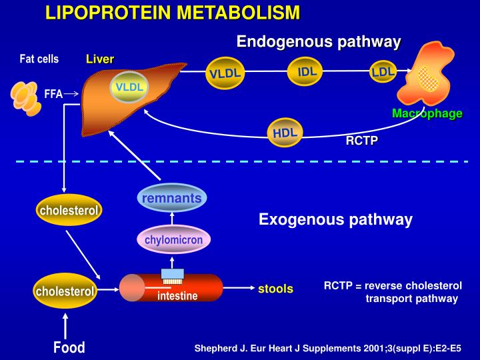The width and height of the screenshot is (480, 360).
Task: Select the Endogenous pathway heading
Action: [x=319, y=42]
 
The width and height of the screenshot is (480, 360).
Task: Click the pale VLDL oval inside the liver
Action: [x=129, y=87]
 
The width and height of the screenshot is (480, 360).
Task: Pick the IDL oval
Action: [x=307, y=71]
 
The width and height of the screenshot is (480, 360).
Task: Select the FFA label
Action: [x=53, y=94]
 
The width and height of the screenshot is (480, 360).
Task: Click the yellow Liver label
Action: [x=100, y=59]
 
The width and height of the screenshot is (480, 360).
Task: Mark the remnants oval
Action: [x=171, y=198]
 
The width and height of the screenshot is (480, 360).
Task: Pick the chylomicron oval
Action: [x=173, y=239]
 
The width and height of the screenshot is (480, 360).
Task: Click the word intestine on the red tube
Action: [x=177, y=296]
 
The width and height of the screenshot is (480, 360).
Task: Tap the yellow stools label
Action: [x=275, y=289]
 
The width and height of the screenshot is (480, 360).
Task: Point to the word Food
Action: [x=69, y=347]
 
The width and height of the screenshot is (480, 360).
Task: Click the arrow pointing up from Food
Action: [x=65, y=325]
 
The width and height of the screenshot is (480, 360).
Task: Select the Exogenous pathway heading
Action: [x=335, y=219]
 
